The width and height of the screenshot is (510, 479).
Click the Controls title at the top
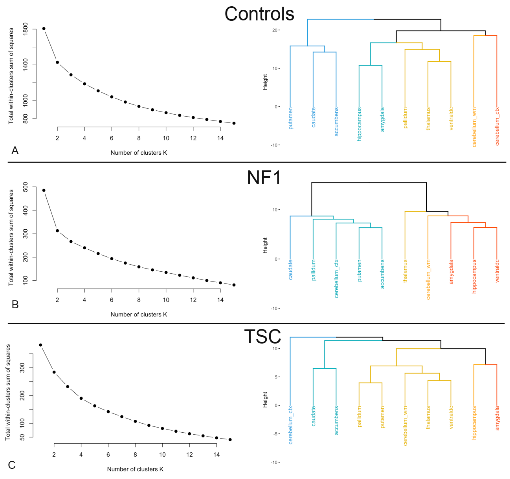click(x=259, y=14)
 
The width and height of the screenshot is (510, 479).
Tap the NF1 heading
click(x=264, y=177)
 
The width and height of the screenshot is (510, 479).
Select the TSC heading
click(x=262, y=336)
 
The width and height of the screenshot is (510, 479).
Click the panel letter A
click(x=15, y=151)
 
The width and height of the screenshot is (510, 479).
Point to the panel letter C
click(x=12, y=465)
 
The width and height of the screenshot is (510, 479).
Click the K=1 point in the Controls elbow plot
click(x=44, y=29)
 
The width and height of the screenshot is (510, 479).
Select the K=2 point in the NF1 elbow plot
click(x=57, y=230)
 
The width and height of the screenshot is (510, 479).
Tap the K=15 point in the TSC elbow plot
click(x=230, y=440)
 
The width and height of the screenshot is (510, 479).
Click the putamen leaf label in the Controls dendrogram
click(x=291, y=118)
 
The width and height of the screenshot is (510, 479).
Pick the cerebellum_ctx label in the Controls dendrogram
click(x=497, y=126)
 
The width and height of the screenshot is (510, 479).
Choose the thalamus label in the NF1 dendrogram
click(x=405, y=271)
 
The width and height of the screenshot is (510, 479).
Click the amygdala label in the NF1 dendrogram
click(x=451, y=272)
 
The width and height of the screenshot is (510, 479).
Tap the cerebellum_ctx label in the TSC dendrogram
click(x=291, y=425)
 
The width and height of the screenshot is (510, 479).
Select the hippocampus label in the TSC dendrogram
click(x=474, y=422)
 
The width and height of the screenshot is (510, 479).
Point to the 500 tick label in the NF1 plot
click(x=26, y=187)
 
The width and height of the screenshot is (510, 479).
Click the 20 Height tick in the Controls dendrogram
click(x=275, y=30)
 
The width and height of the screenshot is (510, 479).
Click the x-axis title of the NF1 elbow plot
click(x=139, y=314)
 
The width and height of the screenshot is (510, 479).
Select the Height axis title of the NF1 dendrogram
click(x=265, y=245)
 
